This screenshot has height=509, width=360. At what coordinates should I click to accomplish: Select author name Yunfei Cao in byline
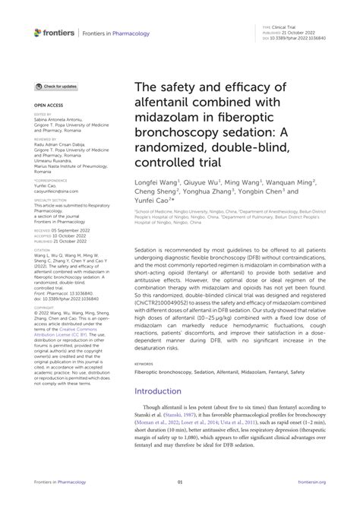pyautogui.click(x=153, y=203)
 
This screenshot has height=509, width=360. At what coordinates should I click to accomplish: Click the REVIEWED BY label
pyautogui.click(x=43, y=140)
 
